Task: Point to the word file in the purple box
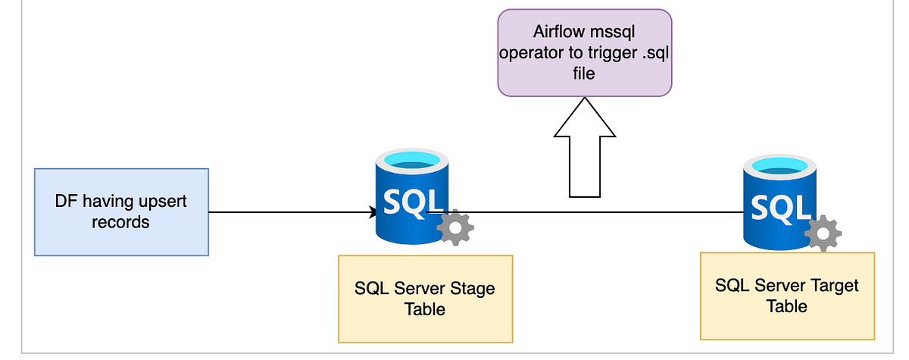[x=584, y=74]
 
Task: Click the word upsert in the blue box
[x=163, y=202]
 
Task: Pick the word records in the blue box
[x=120, y=222]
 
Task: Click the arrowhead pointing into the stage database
[x=373, y=212]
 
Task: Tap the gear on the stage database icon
[x=455, y=227]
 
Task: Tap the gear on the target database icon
[x=823, y=233]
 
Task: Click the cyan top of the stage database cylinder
[x=412, y=160]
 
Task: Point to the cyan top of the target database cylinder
[x=779, y=166]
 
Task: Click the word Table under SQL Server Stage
[x=424, y=309]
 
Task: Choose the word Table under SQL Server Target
[x=786, y=306]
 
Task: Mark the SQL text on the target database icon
[x=781, y=208]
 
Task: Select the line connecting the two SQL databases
[x=584, y=212]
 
